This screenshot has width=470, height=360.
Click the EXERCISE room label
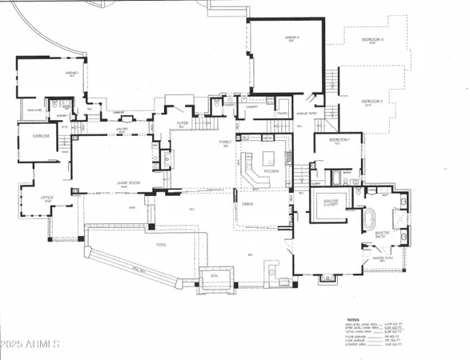coord(41,137)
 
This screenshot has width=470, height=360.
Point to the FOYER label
coord(182,123)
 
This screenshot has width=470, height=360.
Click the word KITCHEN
coord(271,171)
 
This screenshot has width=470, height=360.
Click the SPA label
coord(214,276)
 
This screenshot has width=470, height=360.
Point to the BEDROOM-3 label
coord(372,40)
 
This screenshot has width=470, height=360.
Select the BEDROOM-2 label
coord(371,102)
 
